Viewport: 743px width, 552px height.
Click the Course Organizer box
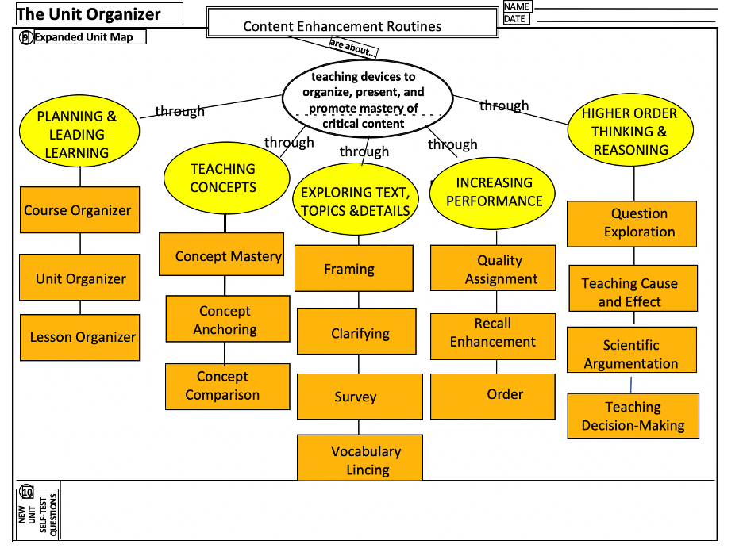(x=79, y=210)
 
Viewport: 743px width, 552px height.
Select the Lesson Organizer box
(x=79, y=337)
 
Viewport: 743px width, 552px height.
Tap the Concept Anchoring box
(x=228, y=320)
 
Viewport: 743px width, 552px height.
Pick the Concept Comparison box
(x=227, y=385)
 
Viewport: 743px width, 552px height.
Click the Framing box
(x=353, y=269)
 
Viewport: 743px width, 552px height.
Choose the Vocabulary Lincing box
(x=360, y=460)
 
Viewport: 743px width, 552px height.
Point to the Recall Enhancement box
(x=492, y=332)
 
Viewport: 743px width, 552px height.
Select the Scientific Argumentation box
(x=631, y=354)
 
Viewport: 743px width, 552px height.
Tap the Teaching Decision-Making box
(x=633, y=416)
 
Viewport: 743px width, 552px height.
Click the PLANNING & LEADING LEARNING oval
(x=77, y=134)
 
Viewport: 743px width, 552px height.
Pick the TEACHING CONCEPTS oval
(x=223, y=178)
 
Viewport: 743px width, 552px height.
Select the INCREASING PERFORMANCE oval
(x=494, y=192)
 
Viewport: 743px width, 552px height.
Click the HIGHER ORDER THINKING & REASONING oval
(x=630, y=132)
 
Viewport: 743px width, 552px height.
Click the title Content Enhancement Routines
(x=342, y=26)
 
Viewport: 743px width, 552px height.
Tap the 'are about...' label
(x=352, y=48)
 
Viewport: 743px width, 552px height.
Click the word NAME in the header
(x=516, y=6)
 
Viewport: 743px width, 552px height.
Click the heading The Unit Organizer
(x=88, y=14)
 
